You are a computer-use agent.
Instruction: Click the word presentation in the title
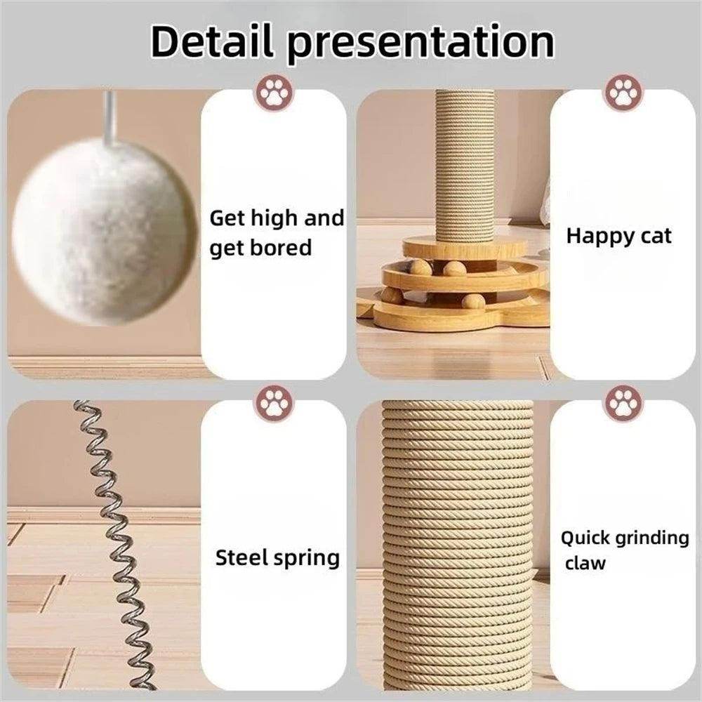(x=420, y=44)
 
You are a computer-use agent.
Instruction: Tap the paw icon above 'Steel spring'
(x=274, y=404)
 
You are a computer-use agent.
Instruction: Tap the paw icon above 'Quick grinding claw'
(x=623, y=404)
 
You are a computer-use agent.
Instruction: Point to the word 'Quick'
(x=585, y=539)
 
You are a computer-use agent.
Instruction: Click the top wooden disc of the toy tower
(x=464, y=247)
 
